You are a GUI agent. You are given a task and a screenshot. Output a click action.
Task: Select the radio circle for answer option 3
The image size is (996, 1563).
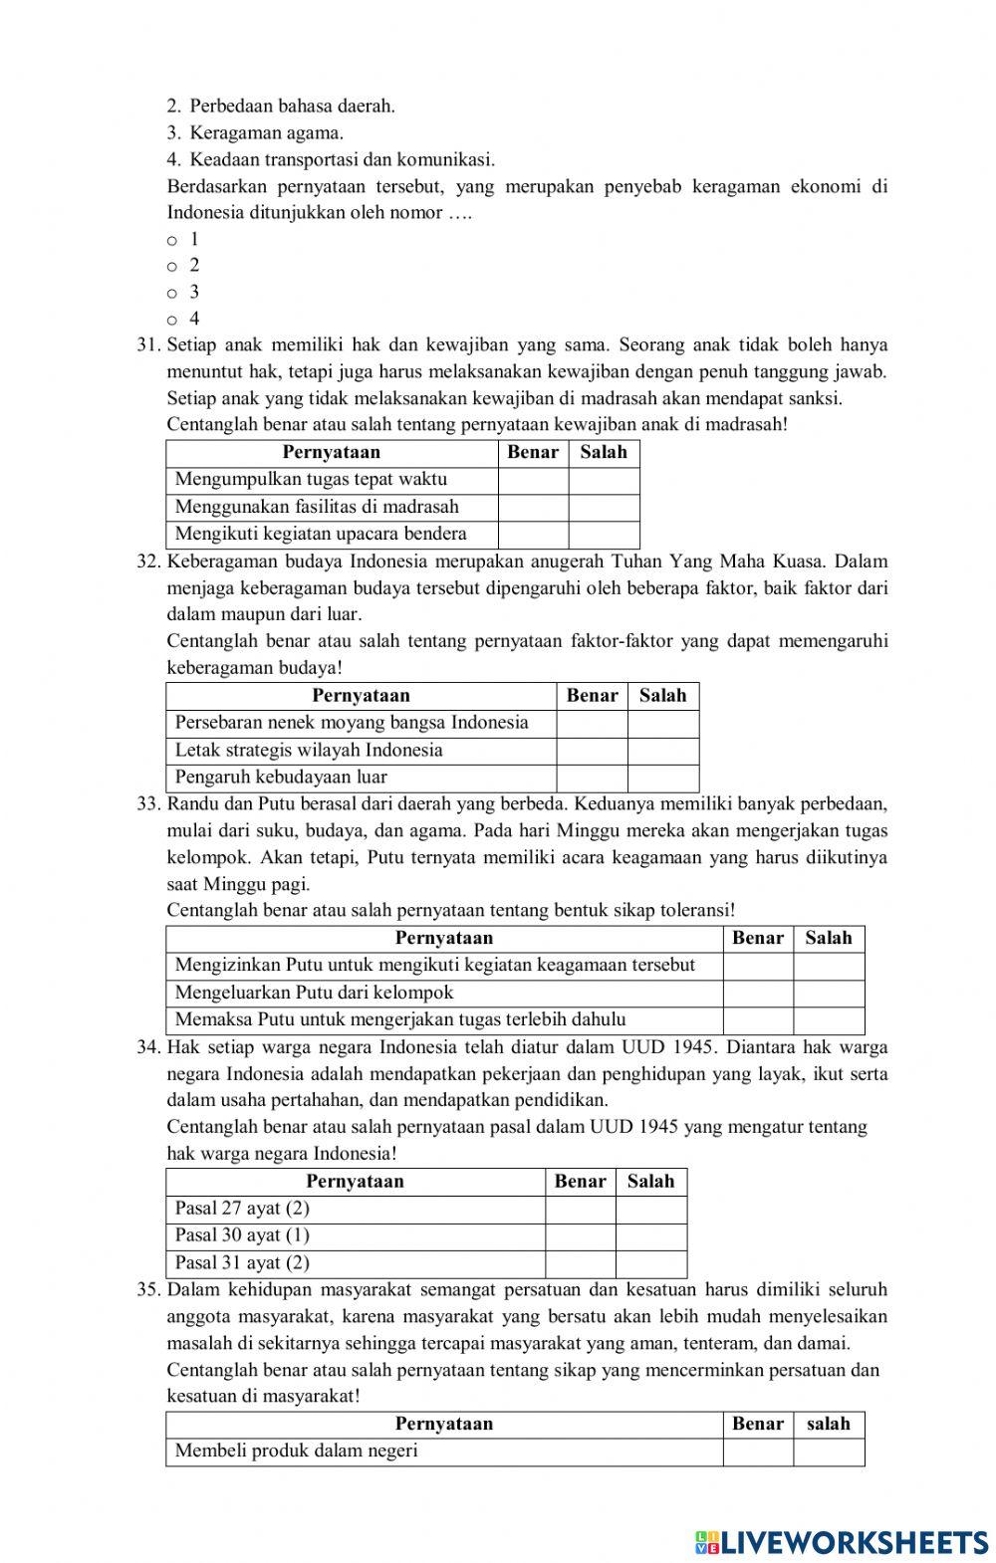172,294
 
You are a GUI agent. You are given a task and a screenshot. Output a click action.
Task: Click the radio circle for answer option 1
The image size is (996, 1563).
172,241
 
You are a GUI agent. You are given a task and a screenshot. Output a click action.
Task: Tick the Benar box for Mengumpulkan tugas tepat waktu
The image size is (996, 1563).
532,480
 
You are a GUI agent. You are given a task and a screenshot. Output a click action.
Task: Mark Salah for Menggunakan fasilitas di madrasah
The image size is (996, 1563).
604,508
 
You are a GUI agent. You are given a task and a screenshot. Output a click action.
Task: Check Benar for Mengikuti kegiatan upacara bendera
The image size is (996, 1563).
532,535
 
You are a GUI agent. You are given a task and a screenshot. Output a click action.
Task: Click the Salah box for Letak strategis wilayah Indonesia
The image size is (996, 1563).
662,751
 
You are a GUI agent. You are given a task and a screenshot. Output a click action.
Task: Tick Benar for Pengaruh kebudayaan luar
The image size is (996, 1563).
592,778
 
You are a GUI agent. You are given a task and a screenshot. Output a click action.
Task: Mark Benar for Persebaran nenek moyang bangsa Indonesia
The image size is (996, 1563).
592,724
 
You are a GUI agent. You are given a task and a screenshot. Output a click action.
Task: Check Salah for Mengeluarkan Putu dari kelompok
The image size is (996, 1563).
829,993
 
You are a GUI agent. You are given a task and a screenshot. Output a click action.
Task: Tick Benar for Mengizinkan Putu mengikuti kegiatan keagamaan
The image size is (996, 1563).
757,966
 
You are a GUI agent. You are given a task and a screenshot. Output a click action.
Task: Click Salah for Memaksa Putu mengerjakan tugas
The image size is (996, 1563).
829,1019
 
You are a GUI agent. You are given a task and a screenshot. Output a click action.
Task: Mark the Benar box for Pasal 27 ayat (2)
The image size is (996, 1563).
580,1209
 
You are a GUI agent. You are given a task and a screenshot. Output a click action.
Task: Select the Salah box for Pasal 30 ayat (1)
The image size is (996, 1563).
650,1235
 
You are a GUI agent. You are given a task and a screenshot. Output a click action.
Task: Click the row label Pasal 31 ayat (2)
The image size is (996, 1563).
242,1263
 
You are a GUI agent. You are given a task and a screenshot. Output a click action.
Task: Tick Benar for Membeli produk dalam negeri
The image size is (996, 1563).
757,1451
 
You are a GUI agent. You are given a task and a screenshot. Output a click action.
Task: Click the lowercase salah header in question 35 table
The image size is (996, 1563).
829,1424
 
